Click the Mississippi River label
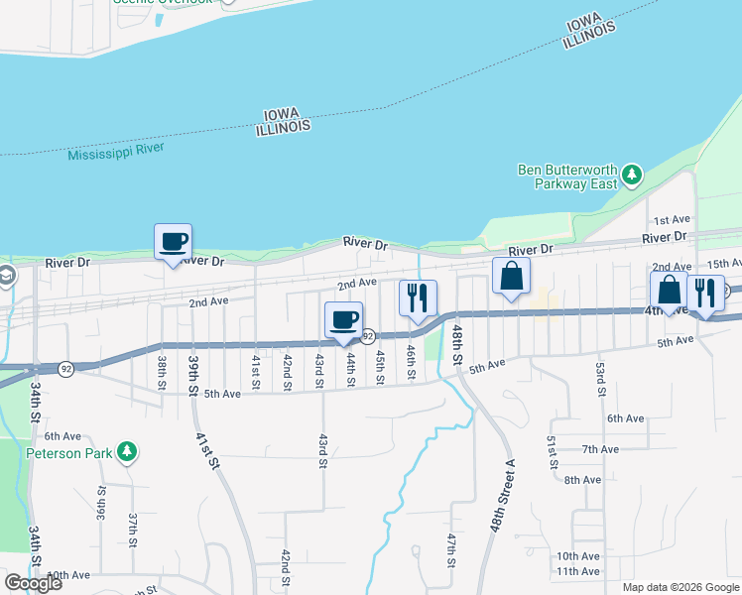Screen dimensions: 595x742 [x=115, y=152]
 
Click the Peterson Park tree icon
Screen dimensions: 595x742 [x=126, y=452]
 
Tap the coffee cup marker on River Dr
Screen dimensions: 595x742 [x=173, y=243]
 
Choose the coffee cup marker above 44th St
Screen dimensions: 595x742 [x=343, y=321]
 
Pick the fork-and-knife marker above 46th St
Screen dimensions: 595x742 [x=418, y=298]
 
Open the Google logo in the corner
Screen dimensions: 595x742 [x=33, y=583]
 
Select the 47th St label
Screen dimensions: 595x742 [x=451, y=550]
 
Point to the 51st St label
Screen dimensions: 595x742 [x=553, y=451]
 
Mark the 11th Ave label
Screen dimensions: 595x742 [x=577, y=571]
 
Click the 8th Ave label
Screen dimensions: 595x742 [x=583, y=480]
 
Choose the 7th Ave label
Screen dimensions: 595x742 [x=601, y=449]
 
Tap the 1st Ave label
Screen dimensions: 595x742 [x=671, y=219]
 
